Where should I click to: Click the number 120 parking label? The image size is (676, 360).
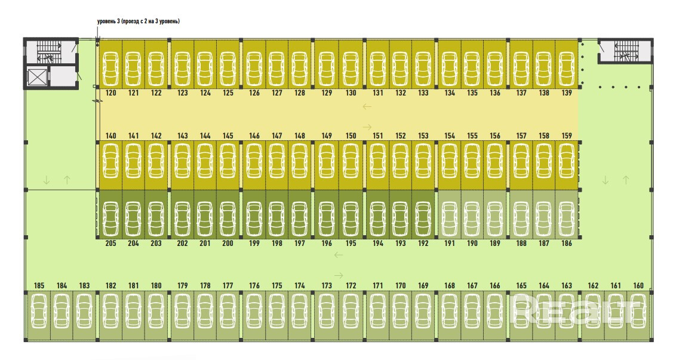[x=110, y=93]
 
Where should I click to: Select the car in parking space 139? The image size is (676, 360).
[x=566, y=66]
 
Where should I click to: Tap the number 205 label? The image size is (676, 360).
[x=110, y=244]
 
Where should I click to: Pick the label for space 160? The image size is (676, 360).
[x=638, y=285]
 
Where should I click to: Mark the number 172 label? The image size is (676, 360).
[x=351, y=285]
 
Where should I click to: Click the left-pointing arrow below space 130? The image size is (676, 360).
[x=367, y=107]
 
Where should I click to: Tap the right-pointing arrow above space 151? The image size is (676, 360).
[x=367, y=127]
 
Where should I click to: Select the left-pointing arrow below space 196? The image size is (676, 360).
[x=339, y=256]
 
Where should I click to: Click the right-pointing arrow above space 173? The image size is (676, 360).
[x=339, y=275]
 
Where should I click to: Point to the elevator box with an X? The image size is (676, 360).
[x=37, y=77]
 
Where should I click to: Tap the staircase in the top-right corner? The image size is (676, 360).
[x=625, y=50]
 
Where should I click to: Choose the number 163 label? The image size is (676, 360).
[x=566, y=285]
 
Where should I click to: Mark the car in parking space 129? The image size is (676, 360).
[x=327, y=66]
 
